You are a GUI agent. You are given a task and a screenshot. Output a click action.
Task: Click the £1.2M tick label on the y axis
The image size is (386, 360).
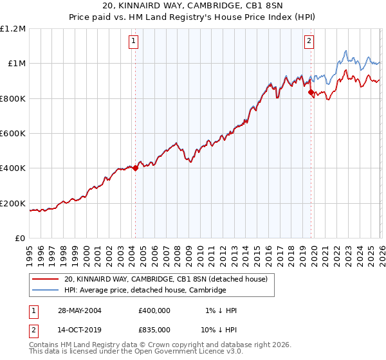13,28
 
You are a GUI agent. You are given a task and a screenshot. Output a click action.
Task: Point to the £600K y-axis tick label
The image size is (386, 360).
13,133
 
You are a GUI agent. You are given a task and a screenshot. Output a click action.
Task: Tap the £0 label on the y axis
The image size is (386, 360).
20,238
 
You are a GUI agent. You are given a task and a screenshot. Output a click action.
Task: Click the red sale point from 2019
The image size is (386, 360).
311,93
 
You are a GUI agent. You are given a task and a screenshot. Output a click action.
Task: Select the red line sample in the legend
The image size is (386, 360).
47,279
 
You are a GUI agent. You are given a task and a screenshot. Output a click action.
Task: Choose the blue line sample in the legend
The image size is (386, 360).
47,291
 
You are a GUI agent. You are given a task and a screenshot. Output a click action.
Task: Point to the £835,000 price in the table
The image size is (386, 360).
154,329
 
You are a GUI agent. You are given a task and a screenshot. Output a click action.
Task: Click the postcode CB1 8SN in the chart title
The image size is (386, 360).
229,6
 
